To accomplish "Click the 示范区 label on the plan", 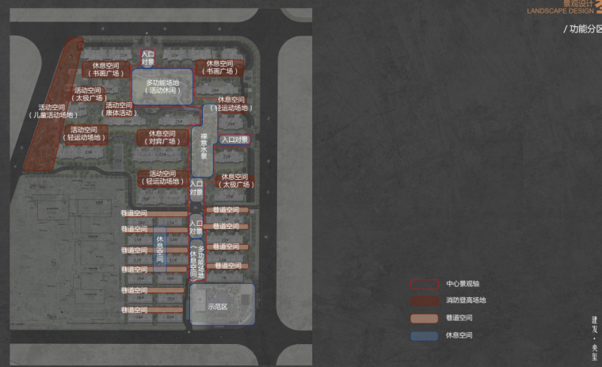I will [217, 305].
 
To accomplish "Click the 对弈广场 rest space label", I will [162, 137].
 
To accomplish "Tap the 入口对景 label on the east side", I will [234, 140].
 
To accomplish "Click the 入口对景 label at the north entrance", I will [147, 59].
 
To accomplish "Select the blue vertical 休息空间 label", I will [160, 249].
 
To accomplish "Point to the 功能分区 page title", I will [582, 29].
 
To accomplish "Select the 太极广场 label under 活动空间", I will [87, 94].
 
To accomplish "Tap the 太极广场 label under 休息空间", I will [235, 181].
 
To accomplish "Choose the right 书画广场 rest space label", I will [219, 67].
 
